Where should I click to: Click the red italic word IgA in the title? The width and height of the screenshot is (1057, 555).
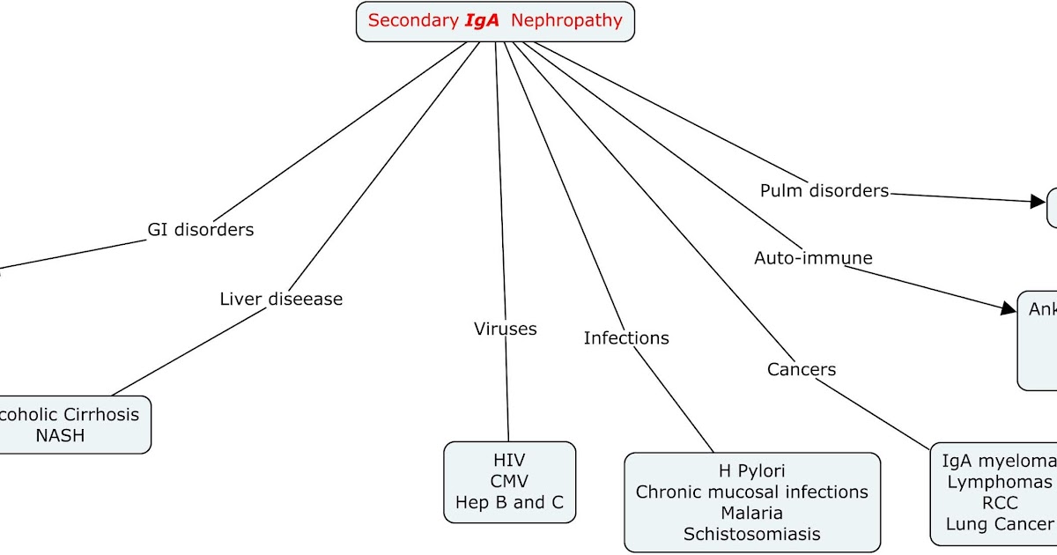point(481,20)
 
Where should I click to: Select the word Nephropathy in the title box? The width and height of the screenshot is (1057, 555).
point(566,20)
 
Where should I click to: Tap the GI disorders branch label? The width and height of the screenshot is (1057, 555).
point(200,230)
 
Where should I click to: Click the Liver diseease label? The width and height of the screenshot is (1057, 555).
point(281,300)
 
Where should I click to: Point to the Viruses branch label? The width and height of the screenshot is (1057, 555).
point(505,329)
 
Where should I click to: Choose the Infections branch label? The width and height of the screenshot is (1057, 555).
point(626,338)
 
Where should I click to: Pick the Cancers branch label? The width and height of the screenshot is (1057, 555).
point(801,370)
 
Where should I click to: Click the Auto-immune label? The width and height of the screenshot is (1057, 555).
point(813,258)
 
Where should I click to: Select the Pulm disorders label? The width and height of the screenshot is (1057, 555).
point(824,191)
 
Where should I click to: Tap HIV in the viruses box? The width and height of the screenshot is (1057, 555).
point(509,460)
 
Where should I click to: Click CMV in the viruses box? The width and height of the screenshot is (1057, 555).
point(509,481)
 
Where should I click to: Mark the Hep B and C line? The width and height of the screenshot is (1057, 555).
point(509,503)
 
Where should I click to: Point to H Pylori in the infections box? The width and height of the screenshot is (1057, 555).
point(751,471)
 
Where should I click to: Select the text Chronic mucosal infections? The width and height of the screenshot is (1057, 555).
point(751,492)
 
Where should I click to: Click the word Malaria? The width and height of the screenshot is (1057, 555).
point(751,513)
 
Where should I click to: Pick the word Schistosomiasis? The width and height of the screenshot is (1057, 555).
point(751,534)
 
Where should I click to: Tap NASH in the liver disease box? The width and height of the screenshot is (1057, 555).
point(60,435)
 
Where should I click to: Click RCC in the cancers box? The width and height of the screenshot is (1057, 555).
point(1000,503)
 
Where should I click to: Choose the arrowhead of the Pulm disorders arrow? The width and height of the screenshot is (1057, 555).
point(1039,201)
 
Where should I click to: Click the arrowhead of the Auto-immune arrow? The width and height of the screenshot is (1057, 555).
point(1009,308)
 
